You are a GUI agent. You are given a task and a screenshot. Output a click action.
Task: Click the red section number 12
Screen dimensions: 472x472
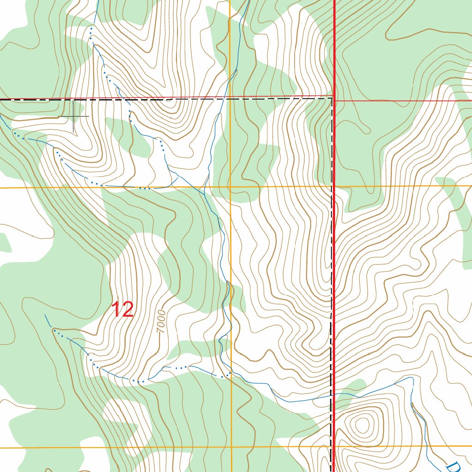point(123,309)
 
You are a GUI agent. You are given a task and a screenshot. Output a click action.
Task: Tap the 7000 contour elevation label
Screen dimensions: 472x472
point(161,321)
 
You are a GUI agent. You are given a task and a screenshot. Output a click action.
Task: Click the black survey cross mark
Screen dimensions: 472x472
point(74,116)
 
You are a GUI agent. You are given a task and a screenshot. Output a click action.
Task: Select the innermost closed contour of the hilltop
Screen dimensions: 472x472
point(363,423)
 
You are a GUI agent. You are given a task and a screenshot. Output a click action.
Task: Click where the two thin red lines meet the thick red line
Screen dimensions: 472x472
point(334,98)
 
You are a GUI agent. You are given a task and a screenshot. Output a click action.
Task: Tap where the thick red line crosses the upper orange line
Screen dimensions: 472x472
point(334,186)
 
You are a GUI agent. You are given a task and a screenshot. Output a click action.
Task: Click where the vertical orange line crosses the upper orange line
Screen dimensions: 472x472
point(230,187)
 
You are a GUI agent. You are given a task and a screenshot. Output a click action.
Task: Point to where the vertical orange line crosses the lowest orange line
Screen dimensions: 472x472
point(231,447)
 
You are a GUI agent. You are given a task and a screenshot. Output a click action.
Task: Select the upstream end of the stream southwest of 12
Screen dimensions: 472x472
point(45,315)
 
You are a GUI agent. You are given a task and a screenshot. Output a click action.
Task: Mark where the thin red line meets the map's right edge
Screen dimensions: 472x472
point(471,100)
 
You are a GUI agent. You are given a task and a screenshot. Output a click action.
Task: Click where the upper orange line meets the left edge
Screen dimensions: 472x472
point(0,188)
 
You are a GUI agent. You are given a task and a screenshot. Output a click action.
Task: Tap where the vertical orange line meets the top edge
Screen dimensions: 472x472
point(230,0)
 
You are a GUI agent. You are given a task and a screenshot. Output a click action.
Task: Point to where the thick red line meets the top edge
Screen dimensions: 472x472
point(334,0)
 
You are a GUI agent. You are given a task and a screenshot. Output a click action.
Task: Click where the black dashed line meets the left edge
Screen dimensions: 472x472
point(0,100)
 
